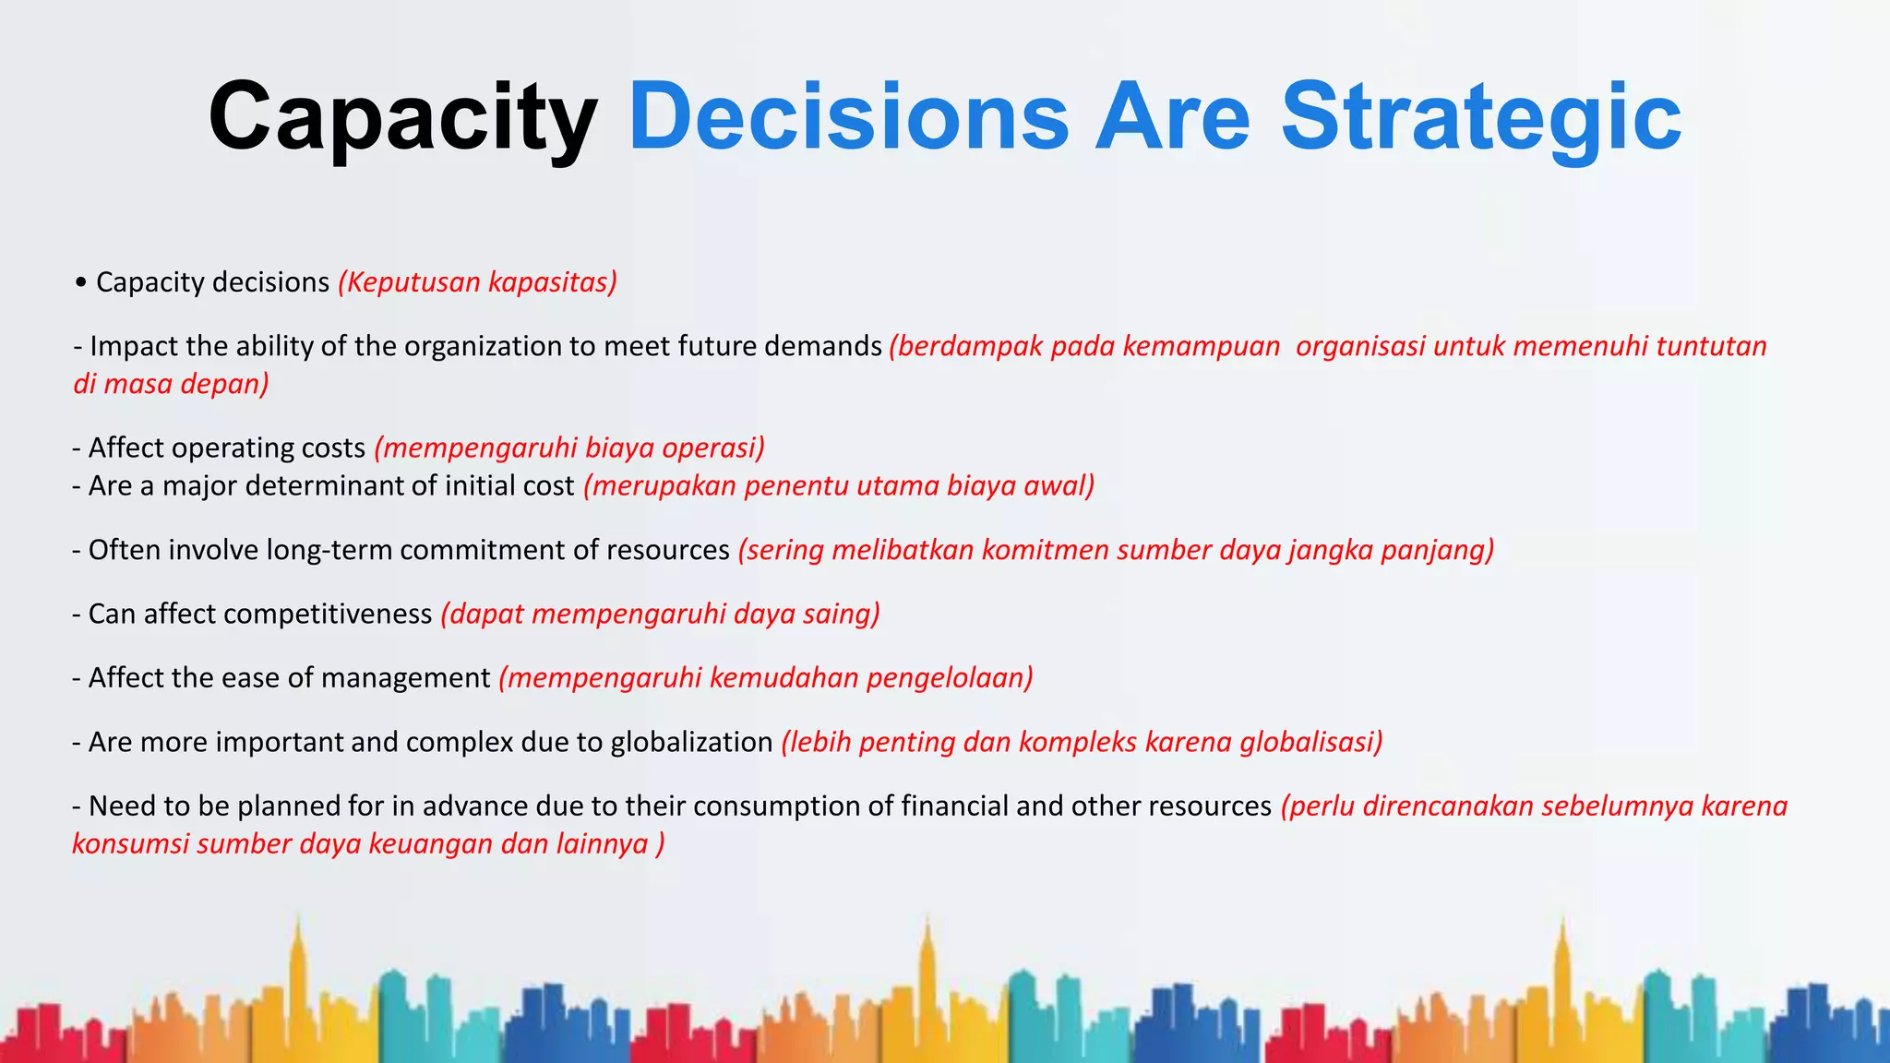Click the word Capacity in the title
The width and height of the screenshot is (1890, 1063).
point(402,118)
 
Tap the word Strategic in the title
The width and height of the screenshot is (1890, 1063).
point(1481,118)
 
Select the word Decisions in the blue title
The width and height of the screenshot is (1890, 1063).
point(849,118)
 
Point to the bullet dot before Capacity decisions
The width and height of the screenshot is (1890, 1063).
point(81,282)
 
